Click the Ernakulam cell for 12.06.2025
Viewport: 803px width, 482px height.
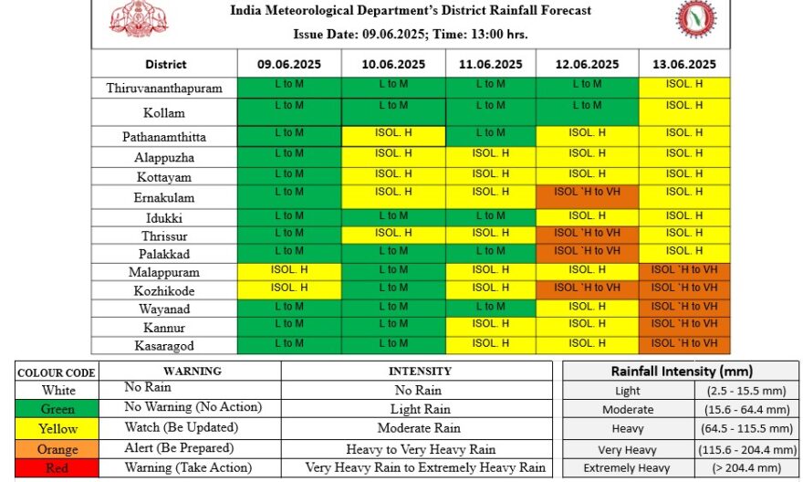tap(588, 197)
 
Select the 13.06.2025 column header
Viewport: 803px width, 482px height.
tap(684, 64)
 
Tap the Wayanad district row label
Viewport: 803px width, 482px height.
tap(164, 309)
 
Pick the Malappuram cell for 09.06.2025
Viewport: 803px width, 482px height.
tap(289, 272)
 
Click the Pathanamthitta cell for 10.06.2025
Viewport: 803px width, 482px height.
tap(393, 137)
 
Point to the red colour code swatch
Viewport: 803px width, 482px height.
tap(57, 468)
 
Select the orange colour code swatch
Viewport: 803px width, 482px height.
tap(57, 449)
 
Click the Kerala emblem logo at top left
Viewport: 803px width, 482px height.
tap(139, 19)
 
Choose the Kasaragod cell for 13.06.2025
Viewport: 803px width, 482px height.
tap(684, 345)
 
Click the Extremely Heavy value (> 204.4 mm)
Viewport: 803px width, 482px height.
tap(747, 467)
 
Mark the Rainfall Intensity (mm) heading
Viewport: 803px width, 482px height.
tap(682, 371)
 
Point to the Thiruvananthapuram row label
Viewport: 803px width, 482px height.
tap(164, 89)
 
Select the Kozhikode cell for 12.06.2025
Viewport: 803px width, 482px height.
tap(588, 290)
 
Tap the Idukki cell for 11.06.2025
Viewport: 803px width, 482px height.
tap(491, 217)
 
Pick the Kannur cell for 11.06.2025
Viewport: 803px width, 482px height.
tap(491, 327)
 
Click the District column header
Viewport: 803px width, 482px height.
tap(165, 65)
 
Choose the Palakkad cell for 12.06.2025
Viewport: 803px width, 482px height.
tap(588, 254)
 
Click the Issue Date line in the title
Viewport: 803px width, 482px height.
tap(411, 35)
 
